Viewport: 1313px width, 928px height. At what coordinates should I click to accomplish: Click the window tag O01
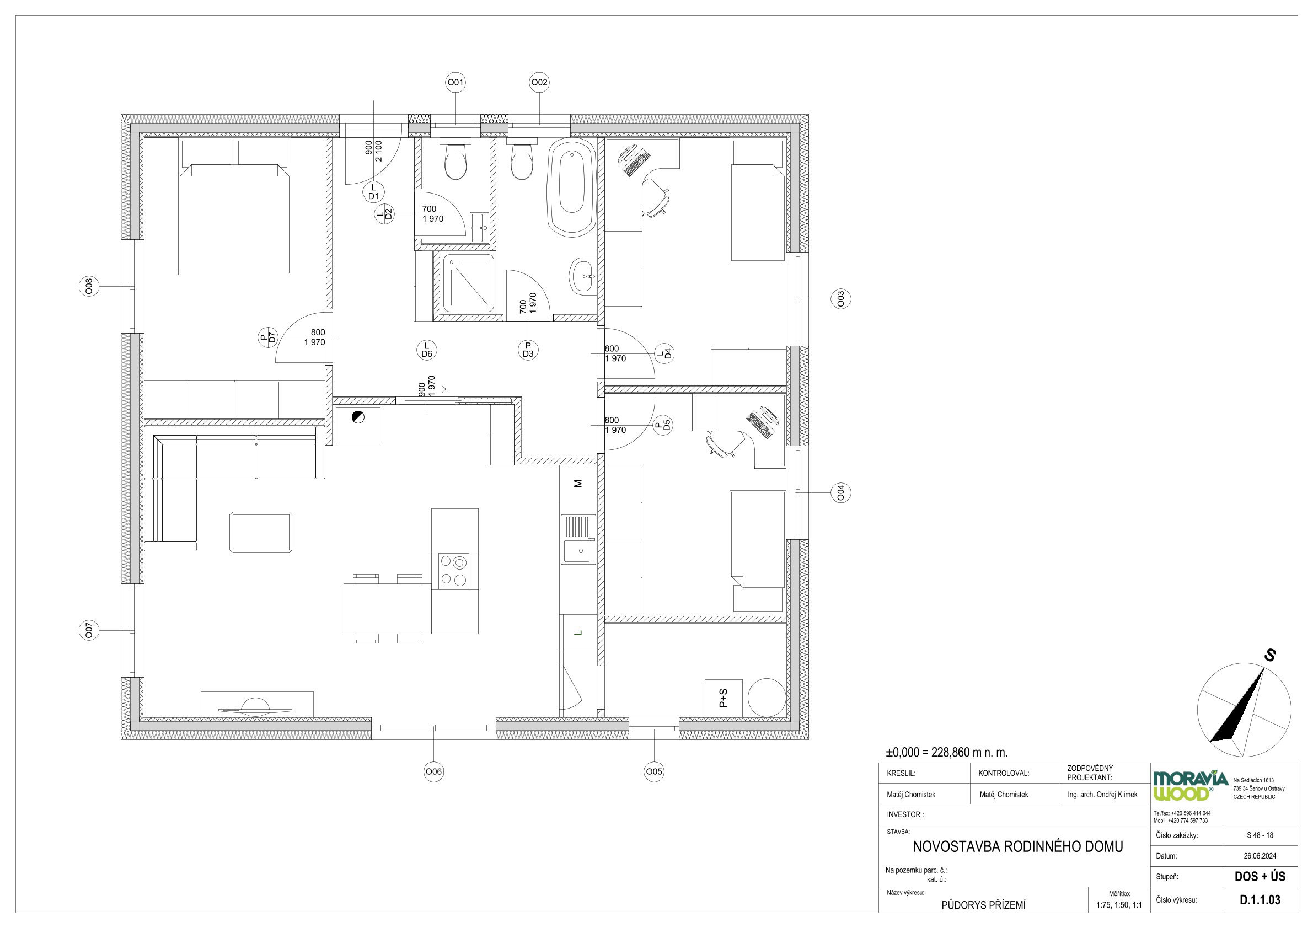click(455, 83)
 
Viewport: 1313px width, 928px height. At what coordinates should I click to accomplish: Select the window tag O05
click(653, 771)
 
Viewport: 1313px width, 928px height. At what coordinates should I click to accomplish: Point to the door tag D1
click(373, 192)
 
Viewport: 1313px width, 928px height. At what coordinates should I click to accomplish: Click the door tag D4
click(664, 353)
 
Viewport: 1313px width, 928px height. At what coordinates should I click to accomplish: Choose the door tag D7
click(267, 338)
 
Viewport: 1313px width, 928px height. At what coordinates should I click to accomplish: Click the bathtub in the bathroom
click(571, 186)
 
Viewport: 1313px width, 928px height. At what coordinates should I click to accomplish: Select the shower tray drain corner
click(452, 262)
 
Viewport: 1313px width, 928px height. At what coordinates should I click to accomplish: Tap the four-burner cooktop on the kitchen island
click(453, 571)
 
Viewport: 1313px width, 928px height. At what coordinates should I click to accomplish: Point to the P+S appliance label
click(724, 698)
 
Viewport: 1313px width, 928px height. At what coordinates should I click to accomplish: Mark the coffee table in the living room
click(260, 532)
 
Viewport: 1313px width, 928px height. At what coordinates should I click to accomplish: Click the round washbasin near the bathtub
click(583, 276)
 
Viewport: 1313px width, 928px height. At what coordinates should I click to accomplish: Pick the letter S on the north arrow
click(1269, 655)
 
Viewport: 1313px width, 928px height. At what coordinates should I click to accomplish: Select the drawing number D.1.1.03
click(1260, 899)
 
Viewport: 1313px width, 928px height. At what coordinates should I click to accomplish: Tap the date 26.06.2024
click(1260, 856)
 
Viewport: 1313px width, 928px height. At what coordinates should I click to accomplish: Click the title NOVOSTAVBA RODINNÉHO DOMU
click(1018, 846)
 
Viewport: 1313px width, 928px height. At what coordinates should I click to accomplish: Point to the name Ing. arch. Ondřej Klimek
click(1102, 794)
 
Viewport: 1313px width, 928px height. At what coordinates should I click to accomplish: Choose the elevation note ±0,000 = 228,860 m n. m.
click(946, 753)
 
